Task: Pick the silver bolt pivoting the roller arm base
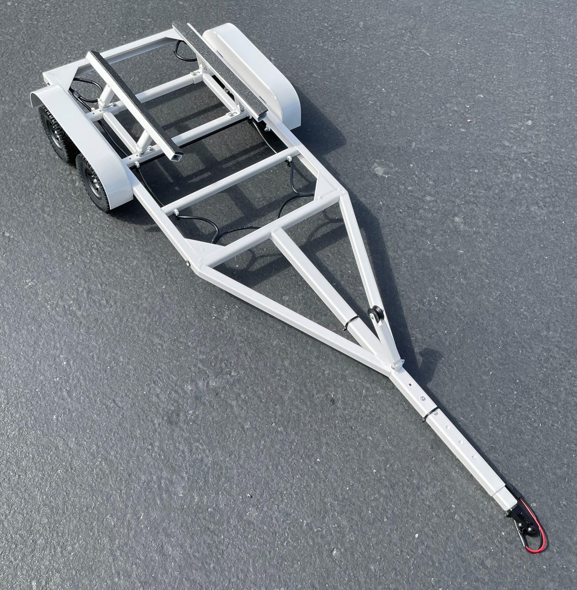coord(395,368)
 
